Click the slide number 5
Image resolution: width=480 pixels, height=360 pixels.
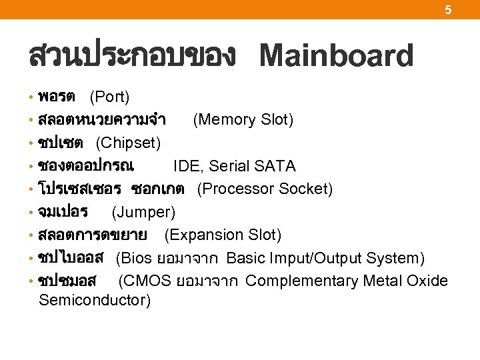448,9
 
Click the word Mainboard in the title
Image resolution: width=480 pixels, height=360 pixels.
336,56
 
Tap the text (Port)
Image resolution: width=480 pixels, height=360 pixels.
109,97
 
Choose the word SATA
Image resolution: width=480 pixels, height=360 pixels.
275,166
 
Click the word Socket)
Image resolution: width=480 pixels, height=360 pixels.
305,189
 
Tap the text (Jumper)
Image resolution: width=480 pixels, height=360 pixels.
143,212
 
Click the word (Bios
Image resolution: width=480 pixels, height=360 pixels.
132,258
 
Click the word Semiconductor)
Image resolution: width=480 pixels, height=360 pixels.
95,300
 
